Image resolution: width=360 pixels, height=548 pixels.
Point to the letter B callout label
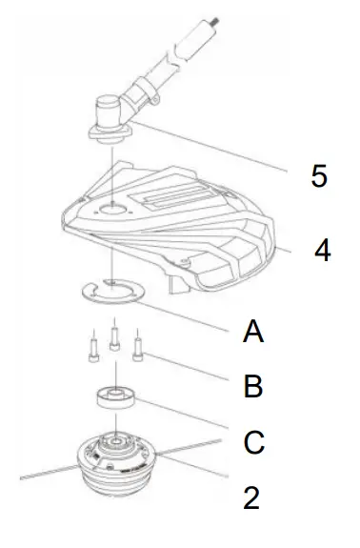[252, 388]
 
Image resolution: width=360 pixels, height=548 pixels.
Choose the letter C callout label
[253, 443]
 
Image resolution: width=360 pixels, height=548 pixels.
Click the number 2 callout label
[251, 498]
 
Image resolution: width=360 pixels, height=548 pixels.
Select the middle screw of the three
[115, 335]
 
